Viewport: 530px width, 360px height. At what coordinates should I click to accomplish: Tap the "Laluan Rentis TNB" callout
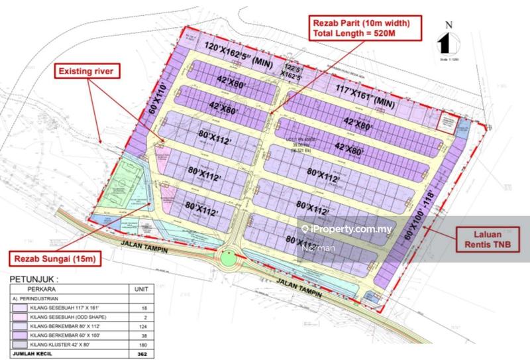pyautogui.click(x=486, y=240)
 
